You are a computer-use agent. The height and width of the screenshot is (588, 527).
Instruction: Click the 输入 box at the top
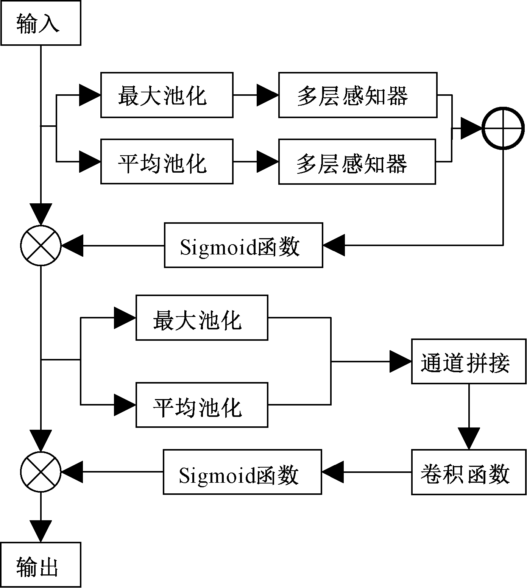click(41, 23)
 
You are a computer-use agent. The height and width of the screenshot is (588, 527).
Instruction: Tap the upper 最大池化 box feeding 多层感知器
click(167, 95)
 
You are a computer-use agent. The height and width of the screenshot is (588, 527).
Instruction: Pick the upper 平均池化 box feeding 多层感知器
click(167, 161)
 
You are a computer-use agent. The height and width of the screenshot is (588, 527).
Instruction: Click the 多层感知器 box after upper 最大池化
click(358, 95)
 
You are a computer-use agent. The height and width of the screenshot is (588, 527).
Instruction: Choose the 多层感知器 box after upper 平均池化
click(357, 161)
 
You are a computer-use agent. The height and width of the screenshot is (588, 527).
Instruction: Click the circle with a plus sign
click(503, 128)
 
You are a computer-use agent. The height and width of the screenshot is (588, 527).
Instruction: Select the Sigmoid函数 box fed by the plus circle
click(243, 245)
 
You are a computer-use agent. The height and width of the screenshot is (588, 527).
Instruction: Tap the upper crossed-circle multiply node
click(41, 245)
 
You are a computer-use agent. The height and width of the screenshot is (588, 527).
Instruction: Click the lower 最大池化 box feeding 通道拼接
click(202, 318)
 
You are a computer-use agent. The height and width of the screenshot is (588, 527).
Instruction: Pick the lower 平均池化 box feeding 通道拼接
click(202, 405)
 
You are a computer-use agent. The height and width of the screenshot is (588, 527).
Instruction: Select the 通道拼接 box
click(469, 362)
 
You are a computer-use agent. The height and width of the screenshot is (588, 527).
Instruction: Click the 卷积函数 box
click(469, 472)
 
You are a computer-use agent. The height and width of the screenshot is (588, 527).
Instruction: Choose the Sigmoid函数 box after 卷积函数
click(242, 472)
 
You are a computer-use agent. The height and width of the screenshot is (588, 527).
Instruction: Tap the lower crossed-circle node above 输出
click(41, 472)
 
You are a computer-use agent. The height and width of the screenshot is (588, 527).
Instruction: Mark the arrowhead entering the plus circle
click(471, 128)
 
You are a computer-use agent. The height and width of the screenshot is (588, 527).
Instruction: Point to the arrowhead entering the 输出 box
click(41, 531)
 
